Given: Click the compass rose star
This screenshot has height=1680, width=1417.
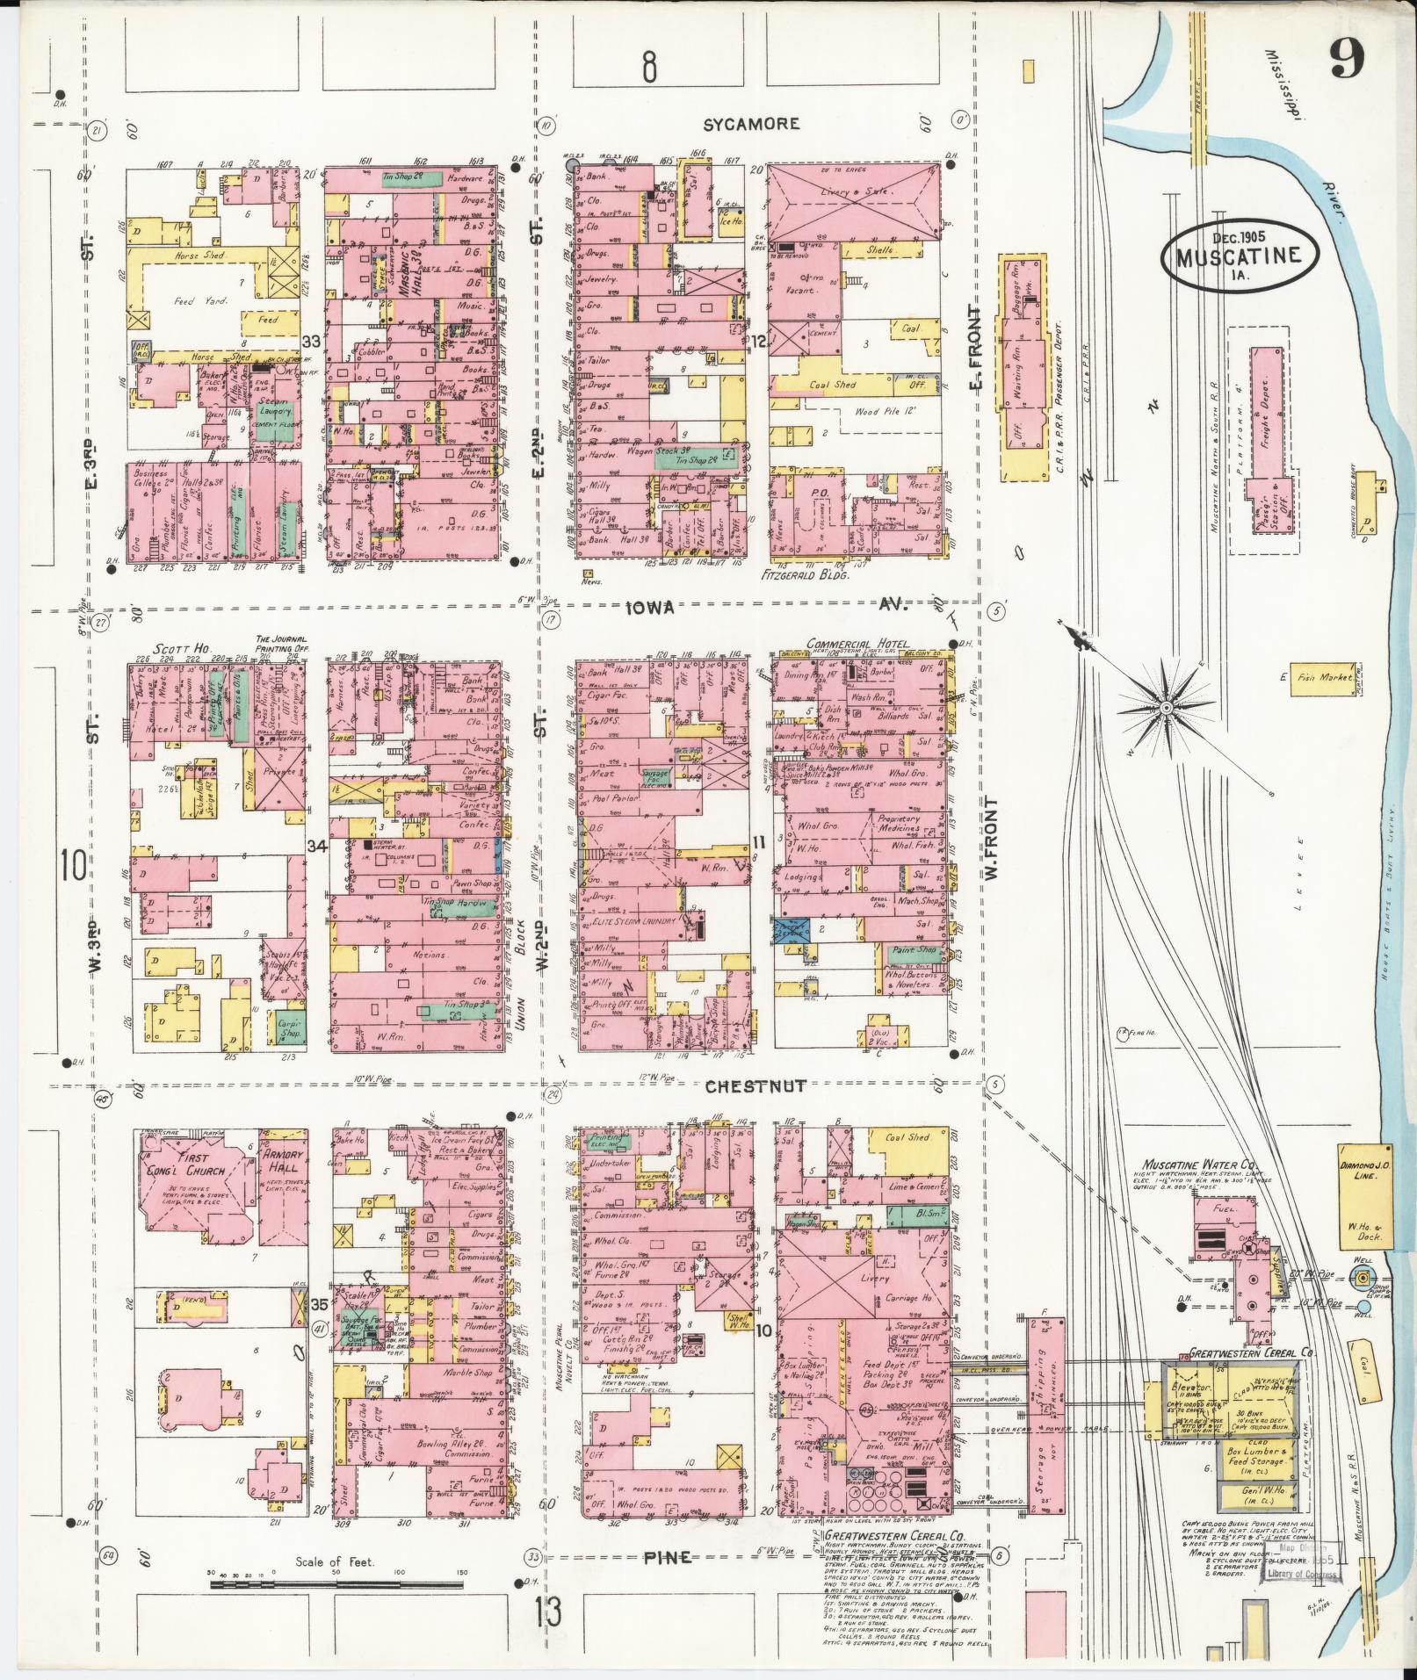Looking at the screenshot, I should tap(1165, 707).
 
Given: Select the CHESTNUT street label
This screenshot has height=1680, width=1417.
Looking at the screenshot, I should tap(756, 1086).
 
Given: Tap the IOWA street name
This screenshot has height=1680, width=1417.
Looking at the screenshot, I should tap(651, 607).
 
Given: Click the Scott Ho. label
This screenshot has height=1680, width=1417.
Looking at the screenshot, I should tap(173, 647).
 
